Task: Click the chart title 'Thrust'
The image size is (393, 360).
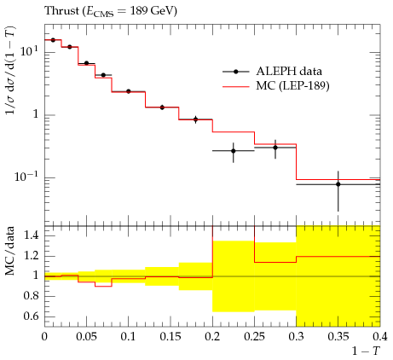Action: point(61,11)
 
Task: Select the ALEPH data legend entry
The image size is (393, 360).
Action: point(272,72)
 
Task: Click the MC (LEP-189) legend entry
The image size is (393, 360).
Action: point(276,85)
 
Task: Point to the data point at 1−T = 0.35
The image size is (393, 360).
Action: point(338,184)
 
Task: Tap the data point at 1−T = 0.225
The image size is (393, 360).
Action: point(234,151)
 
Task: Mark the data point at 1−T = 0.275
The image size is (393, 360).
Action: point(275,148)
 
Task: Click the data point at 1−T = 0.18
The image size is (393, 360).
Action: point(195,119)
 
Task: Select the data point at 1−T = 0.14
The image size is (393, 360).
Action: point(162,107)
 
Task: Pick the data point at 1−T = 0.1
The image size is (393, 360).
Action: point(129,91)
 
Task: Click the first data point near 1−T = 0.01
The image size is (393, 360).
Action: point(53,40)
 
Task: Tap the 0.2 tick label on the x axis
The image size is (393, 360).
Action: point(212,337)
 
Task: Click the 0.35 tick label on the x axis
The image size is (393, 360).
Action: point(338,337)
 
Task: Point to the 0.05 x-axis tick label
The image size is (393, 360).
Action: point(86,337)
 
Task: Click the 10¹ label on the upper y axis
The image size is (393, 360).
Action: point(29,52)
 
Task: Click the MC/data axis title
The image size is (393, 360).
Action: point(10,251)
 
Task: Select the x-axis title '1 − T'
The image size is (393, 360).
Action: point(366,351)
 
